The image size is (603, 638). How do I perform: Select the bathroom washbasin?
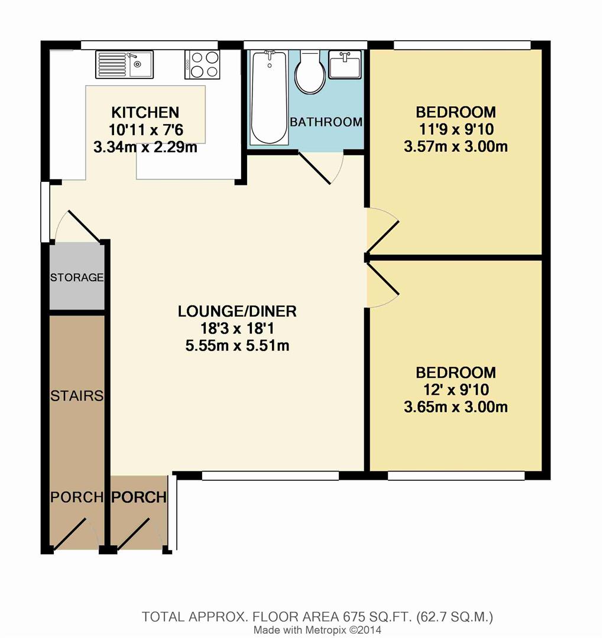(x=344, y=64)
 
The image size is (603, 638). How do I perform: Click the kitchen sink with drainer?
(x=124, y=64)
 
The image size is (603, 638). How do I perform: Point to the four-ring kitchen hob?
(x=203, y=64)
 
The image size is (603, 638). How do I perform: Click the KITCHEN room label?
(x=145, y=112)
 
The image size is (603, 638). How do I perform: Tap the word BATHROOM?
(x=326, y=122)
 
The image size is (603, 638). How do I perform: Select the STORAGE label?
(x=77, y=277)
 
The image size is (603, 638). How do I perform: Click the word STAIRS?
(x=77, y=395)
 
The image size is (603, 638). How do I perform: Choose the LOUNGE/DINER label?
(x=237, y=311)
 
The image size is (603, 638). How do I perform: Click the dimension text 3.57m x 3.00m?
(x=455, y=147)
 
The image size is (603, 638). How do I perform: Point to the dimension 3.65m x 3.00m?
(x=455, y=407)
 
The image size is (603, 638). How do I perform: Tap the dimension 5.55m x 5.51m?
(x=237, y=346)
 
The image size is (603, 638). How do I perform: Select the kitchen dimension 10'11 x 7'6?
(x=145, y=130)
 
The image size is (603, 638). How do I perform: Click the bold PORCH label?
(x=140, y=497)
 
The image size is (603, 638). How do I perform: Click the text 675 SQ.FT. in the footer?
(x=368, y=617)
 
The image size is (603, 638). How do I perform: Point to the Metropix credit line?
(x=313, y=630)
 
